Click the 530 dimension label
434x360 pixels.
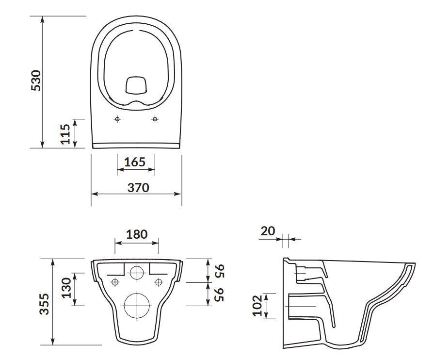[x=36, y=81]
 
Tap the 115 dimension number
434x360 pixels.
[x=65, y=134]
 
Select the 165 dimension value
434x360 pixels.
[x=135, y=162]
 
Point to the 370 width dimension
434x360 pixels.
[x=138, y=187]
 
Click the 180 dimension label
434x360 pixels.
[x=137, y=234]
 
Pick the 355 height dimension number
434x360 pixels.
[x=44, y=304]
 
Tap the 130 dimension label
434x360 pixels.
[x=66, y=288]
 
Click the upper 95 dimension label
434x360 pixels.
[x=220, y=271]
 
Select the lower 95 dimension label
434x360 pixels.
[x=220, y=295]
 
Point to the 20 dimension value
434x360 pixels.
[x=268, y=230]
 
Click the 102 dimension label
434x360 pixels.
[x=257, y=306]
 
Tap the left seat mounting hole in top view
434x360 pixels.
[x=117, y=119]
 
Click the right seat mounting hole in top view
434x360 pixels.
[x=155, y=119]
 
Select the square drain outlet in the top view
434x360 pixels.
[x=136, y=85]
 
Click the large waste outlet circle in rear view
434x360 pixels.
[x=137, y=306]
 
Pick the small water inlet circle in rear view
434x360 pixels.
[x=137, y=272]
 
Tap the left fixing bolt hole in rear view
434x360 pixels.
[x=115, y=282]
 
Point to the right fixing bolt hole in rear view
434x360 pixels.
[x=159, y=282]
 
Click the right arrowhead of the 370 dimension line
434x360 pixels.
[x=178, y=194]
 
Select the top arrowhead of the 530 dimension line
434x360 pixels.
[x=42, y=20]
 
